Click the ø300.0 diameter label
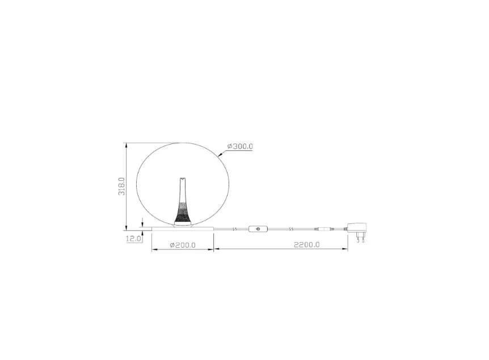click(x=239, y=146)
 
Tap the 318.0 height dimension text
click(x=121, y=186)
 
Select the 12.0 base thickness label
click(x=133, y=239)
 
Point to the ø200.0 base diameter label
click(x=183, y=245)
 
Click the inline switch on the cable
click(x=259, y=229)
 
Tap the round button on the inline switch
click(x=259, y=229)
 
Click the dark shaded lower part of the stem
click(x=183, y=213)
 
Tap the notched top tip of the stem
click(x=183, y=177)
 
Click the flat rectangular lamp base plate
click(x=182, y=228)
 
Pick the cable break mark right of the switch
click(x=290, y=229)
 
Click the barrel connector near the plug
click(x=324, y=229)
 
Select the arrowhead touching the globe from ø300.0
click(x=220, y=154)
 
